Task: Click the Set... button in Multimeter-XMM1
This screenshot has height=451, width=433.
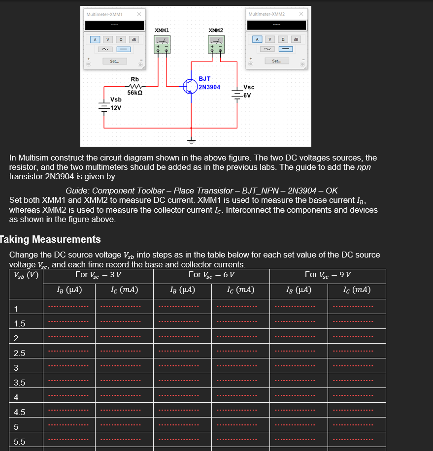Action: pos(114,62)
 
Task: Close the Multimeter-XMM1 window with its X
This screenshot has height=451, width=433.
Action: pos(139,14)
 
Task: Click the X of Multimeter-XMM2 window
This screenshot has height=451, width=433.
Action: pos(300,14)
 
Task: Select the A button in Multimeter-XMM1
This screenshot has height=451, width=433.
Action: pos(96,39)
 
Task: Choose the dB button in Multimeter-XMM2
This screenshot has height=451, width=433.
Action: pos(296,39)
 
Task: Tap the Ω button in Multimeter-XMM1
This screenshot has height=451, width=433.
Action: pos(121,39)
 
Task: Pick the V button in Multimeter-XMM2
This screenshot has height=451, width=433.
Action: pos(270,39)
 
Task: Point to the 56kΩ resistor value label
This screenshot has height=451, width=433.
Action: pos(134,93)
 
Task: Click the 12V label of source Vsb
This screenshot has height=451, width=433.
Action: pos(116,108)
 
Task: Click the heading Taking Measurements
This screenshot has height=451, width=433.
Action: pos(51,240)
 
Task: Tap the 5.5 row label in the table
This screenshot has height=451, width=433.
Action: pos(20,442)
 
